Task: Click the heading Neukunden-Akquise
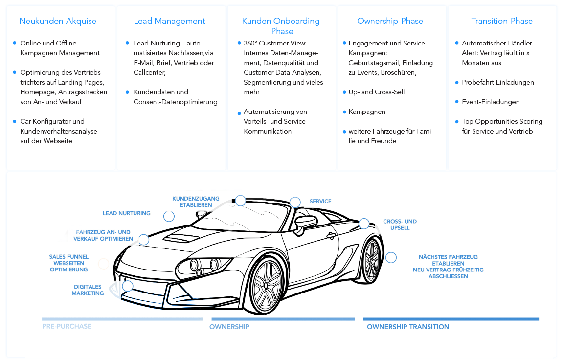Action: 58,21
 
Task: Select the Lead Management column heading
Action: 169,21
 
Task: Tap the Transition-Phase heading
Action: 502,21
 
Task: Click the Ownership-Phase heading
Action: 390,21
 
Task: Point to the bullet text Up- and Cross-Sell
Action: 376,92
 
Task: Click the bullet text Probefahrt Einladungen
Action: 498,82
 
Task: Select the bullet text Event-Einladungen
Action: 491,102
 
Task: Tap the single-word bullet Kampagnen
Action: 366,112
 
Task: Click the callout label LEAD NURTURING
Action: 127,213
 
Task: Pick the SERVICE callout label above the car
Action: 320,202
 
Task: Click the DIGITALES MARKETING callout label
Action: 88,290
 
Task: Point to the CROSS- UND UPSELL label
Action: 400,225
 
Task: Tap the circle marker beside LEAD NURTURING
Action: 169,216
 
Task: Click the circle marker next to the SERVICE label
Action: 295,202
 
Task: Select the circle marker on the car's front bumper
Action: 128,286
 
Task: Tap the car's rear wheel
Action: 372,261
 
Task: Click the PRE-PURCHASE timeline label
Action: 67,327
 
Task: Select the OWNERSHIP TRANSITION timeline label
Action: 408,327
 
